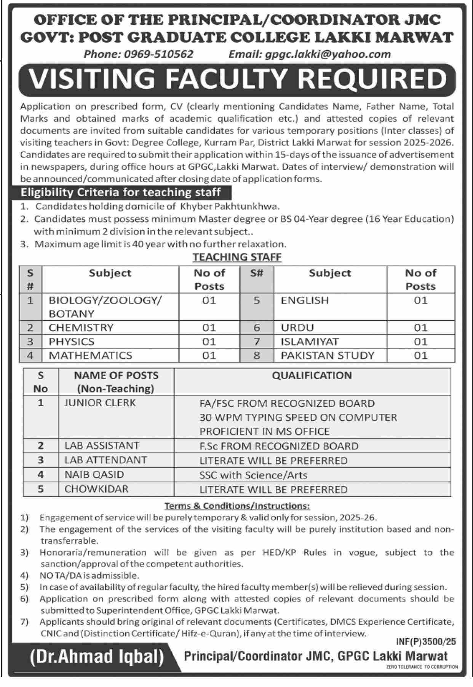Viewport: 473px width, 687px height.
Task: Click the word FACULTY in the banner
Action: (x=227, y=79)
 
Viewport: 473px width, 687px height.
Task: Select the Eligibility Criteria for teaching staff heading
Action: (x=121, y=192)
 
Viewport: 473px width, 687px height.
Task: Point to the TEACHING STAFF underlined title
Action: (x=237, y=257)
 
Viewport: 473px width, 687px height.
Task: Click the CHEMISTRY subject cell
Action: (x=81, y=328)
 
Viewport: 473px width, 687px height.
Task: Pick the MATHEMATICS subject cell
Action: (x=90, y=355)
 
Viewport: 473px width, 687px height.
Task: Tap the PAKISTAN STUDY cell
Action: (x=328, y=355)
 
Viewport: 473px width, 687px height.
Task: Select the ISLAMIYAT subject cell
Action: (x=310, y=342)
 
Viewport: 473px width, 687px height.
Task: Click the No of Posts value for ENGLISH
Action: (x=420, y=301)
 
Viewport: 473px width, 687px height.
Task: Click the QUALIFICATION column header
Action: (x=312, y=375)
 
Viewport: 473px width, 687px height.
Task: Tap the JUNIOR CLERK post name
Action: (x=100, y=403)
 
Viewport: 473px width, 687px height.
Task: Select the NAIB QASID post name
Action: (x=94, y=475)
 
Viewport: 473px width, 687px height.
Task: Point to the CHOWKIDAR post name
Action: (x=96, y=489)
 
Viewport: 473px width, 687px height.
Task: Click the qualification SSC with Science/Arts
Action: (x=253, y=475)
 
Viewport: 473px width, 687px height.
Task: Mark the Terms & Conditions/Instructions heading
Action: (x=237, y=506)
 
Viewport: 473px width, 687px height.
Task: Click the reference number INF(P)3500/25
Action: (x=426, y=642)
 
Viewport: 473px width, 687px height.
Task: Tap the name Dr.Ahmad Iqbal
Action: (x=97, y=657)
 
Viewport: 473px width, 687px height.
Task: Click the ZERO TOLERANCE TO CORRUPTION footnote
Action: (x=422, y=667)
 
